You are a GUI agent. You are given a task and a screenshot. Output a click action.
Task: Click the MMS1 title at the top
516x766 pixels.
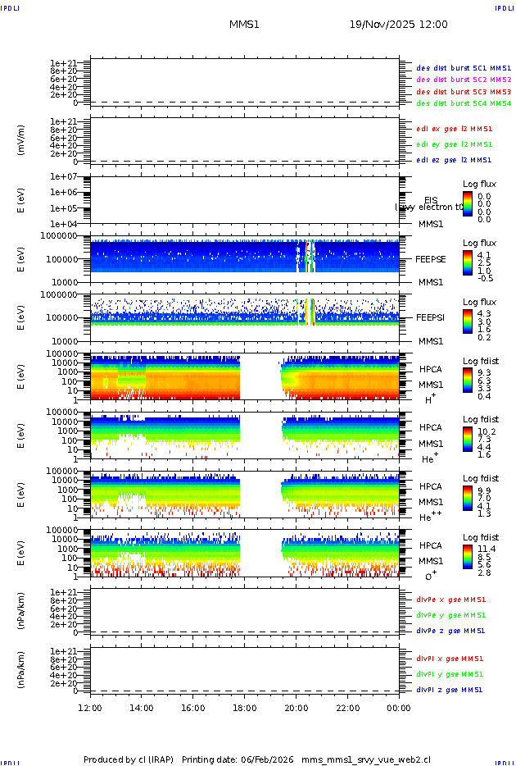[x=244, y=25]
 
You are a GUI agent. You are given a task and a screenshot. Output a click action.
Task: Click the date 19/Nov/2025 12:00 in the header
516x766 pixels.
[x=398, y=25]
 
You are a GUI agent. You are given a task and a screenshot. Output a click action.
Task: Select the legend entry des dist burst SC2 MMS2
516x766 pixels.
[x=464, y=80]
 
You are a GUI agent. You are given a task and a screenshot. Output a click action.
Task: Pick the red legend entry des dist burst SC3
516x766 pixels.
[x=464, y=92]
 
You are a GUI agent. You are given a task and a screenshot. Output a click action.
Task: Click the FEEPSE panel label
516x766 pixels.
[x=430, y=258]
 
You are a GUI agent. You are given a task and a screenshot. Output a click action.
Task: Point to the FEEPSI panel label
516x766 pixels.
[x=430, y=317]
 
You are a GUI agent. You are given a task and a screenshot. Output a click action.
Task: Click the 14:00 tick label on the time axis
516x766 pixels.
[x=142, y=708]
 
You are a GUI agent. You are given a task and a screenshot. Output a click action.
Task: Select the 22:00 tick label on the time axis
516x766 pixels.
[x=347, y=708]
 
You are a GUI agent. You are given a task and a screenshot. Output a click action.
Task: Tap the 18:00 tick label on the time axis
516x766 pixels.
[x=244, y=708]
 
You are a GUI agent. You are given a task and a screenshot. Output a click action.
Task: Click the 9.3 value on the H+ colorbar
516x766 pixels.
[x=483, y=372]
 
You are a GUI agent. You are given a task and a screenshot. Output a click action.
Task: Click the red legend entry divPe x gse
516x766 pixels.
[x=450, y=600]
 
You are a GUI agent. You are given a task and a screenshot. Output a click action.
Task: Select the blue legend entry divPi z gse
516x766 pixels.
[x=450, y=690]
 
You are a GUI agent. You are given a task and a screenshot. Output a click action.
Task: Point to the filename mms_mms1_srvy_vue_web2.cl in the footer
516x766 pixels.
[x=365, y=759]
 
